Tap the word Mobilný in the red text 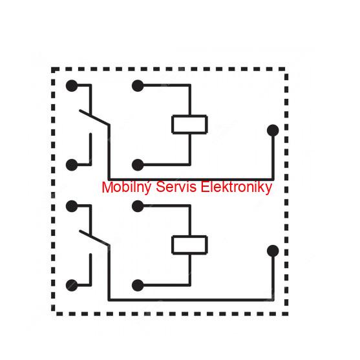coord(127,187)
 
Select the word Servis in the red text coord(176,187)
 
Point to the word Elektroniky coord(237,187)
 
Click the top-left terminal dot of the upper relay coord(72,86)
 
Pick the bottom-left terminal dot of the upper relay coord(72,165)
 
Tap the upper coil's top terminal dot coord(138,86)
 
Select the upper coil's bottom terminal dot coord(138,165)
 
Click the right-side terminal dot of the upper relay coord(273,131)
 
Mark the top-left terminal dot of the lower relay coord(72,206)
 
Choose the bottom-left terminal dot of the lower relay coord(72,286)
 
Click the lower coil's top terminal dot coord(138,206)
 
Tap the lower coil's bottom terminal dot coord(138,286)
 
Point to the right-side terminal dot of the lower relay coord(273,251)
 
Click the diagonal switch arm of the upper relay coord(94,118)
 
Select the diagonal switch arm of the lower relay coord(94,238)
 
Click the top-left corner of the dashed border coord(52,69)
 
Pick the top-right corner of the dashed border coord(286,69)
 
